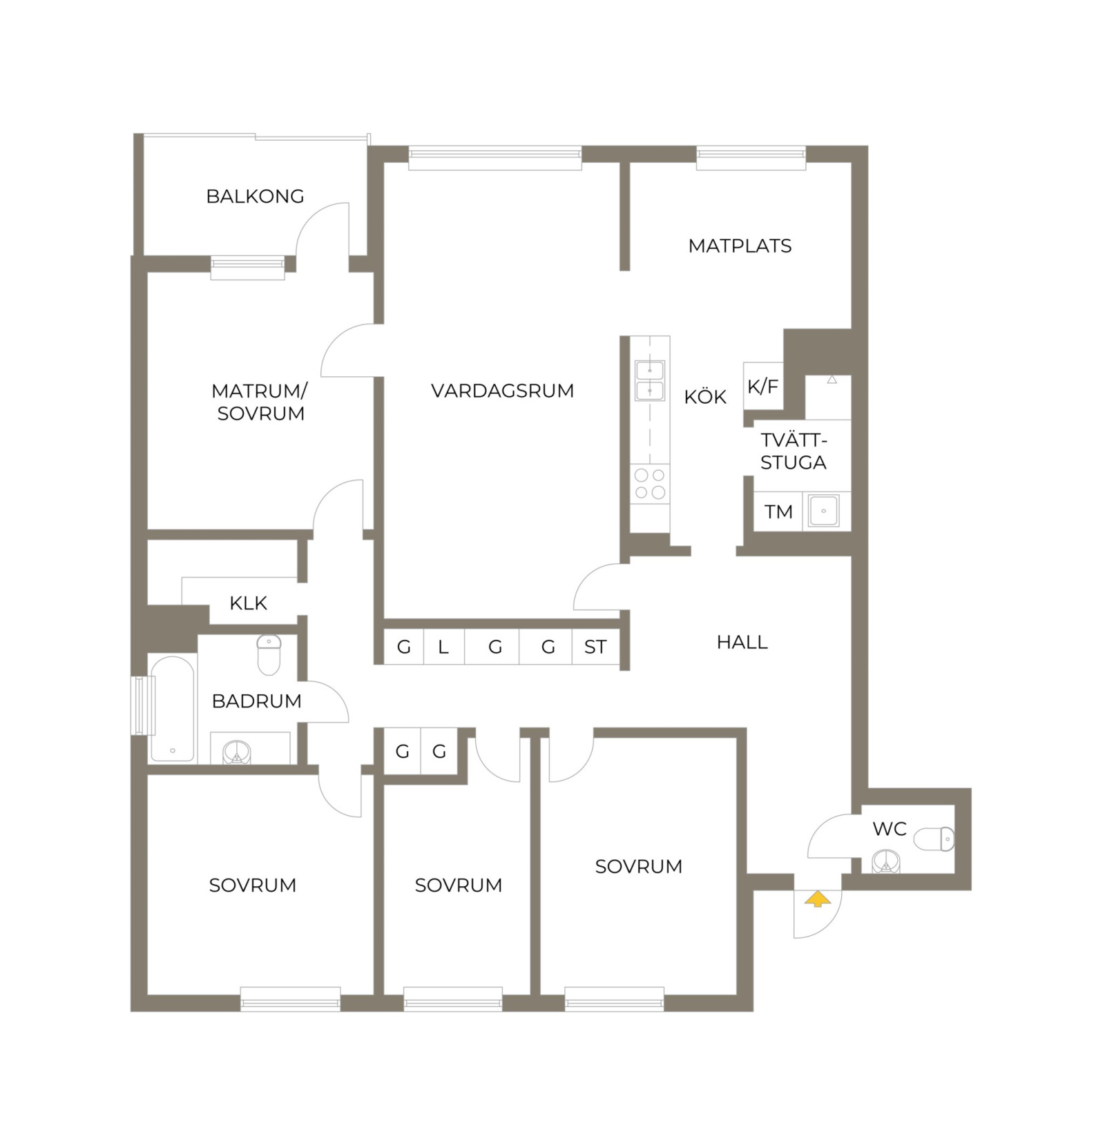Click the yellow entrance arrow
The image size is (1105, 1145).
coord(817,899)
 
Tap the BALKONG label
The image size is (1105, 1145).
coord(255,197)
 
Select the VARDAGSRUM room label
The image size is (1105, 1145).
coord(502,391)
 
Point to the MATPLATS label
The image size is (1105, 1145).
coord(740,246)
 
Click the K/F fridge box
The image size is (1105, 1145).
coord(763,386)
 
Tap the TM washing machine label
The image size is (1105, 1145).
coord(778,512)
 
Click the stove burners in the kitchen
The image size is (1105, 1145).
coord(650,484)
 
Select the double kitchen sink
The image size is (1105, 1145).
coord(650,380)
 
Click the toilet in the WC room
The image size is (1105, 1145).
coord(934,839)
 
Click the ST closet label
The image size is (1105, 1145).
coord(595,647)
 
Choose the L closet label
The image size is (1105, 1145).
coord(443,647)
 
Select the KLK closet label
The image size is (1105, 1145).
coord(248,603)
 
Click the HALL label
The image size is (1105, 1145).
coord(742,643)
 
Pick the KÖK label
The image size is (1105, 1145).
coord(705,397)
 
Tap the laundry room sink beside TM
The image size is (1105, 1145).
coord(824,511)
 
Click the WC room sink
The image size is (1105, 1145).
coord(886,863)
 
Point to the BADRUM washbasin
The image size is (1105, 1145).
coord(237,752)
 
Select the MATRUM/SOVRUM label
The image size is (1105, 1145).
coord(260,402)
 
